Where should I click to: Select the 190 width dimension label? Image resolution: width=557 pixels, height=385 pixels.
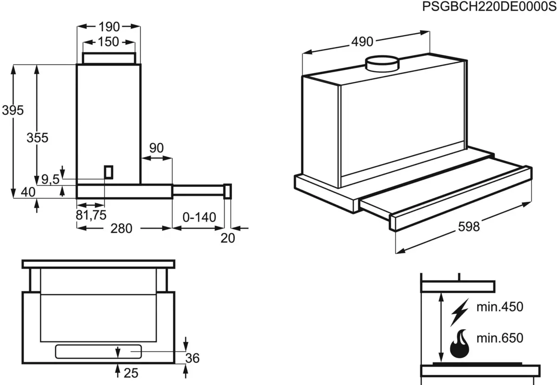click(x=109, y=27)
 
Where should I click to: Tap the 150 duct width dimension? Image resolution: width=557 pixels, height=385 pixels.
click(x=109, y=42)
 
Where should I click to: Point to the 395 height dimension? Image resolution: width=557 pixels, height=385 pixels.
click(x=13, y=111)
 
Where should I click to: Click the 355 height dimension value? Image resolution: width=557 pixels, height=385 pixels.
click(x=37, y=138)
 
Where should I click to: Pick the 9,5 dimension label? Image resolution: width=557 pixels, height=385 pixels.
click(x=50, y=179)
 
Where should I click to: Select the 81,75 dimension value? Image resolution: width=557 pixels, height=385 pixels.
click(x=91, y=215)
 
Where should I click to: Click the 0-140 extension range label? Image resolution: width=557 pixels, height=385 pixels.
click(x=200, y=217)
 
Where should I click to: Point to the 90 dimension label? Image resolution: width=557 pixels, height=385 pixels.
click(x=156, y=148)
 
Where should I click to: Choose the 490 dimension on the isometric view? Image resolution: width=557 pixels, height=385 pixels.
click(x=362, y=42)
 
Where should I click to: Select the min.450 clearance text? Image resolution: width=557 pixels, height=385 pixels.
click(x=499, y=307)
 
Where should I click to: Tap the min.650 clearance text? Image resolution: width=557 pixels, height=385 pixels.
click(x=499, y=338)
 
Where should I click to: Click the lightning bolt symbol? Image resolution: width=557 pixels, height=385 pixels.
click(x=460, y=312)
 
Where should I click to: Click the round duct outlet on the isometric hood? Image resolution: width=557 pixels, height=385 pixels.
click(x=382, y=64)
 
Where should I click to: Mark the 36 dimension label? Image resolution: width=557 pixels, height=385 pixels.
click(x=192, y=358)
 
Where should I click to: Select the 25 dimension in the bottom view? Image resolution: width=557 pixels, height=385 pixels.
click(x=132, y=372)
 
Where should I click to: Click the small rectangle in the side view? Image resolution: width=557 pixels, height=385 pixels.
click(x=109, y=172)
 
